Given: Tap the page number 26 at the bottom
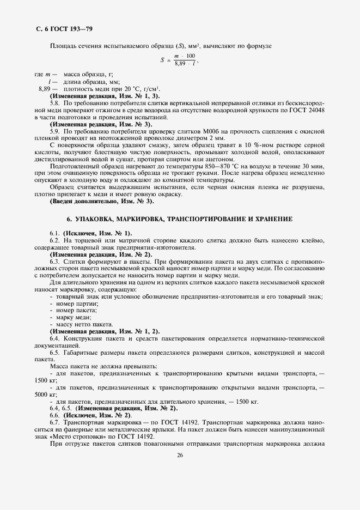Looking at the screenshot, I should point(179,471).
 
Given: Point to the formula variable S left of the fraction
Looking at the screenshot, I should point(162,60).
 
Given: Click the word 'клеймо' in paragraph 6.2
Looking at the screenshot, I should point(313,240).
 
